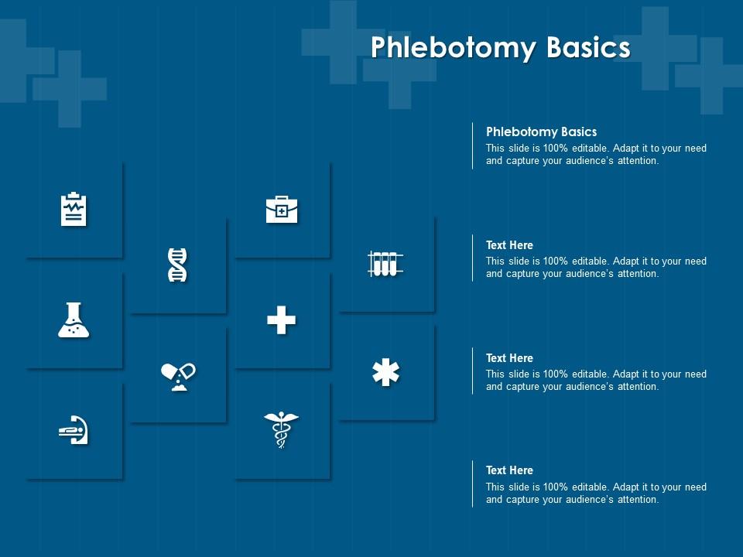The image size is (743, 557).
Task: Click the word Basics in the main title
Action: (x=588, y=47)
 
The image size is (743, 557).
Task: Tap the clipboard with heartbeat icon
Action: (x=74, y=209)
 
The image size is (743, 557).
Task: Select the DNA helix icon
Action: (x=177, y=265)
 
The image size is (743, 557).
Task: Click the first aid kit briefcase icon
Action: (x=282, y=209)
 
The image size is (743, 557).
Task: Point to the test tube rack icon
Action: (x=385, y=264)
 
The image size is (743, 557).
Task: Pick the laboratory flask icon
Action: (x=74, y=320)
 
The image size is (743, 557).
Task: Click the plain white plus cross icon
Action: (x=282, y=320)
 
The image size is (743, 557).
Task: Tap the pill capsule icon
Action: (x=178, y=377)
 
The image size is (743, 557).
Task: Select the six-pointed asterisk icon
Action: (x=385, y=372)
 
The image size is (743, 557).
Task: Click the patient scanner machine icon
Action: (x=74, y=429)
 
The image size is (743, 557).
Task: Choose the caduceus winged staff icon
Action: (x=281, y=429)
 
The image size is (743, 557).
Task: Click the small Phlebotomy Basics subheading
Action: (x=541, y=132)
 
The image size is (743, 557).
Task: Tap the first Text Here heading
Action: (x=509, y=245)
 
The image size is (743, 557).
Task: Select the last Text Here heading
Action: (x=509, y=470)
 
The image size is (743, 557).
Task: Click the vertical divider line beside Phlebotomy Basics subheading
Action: (x=472, y=145)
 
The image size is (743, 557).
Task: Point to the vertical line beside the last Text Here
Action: (x=472, y=484)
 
